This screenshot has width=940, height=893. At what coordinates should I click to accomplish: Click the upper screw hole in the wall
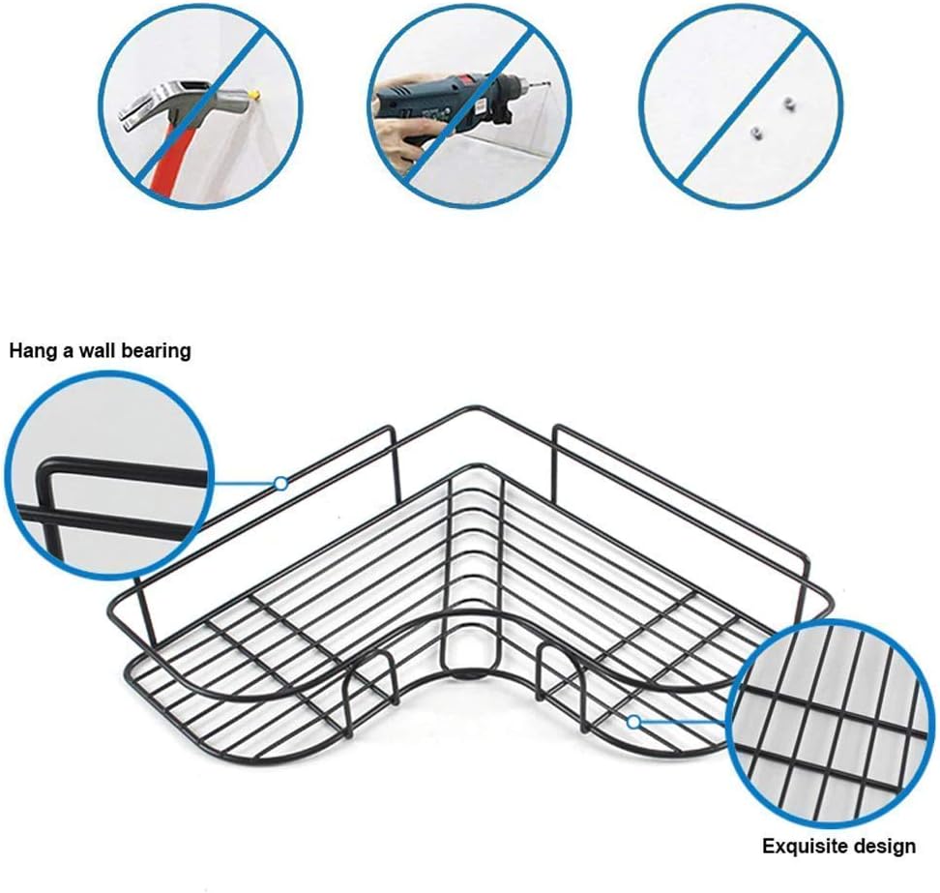[x=787, y=104]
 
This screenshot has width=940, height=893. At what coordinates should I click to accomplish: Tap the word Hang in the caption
[x=33, y=351]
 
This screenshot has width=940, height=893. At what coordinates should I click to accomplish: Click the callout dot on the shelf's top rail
[x=280, y=483]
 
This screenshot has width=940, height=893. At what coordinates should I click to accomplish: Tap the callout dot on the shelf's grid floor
[x=633, y=722]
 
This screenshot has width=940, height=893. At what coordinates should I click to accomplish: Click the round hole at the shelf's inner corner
[x=472, y=646]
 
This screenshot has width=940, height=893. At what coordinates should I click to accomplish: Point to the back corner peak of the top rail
[x=475, y=408]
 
